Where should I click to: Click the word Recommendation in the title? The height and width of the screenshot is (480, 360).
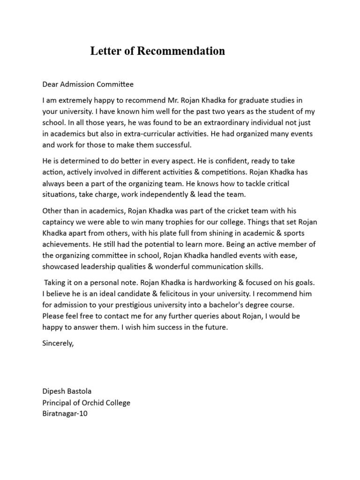(181, 51)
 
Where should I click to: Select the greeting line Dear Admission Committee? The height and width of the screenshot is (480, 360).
(88, 84)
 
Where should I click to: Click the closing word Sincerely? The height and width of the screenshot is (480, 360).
(58, 343)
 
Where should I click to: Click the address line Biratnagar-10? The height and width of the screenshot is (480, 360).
(65, 414)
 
